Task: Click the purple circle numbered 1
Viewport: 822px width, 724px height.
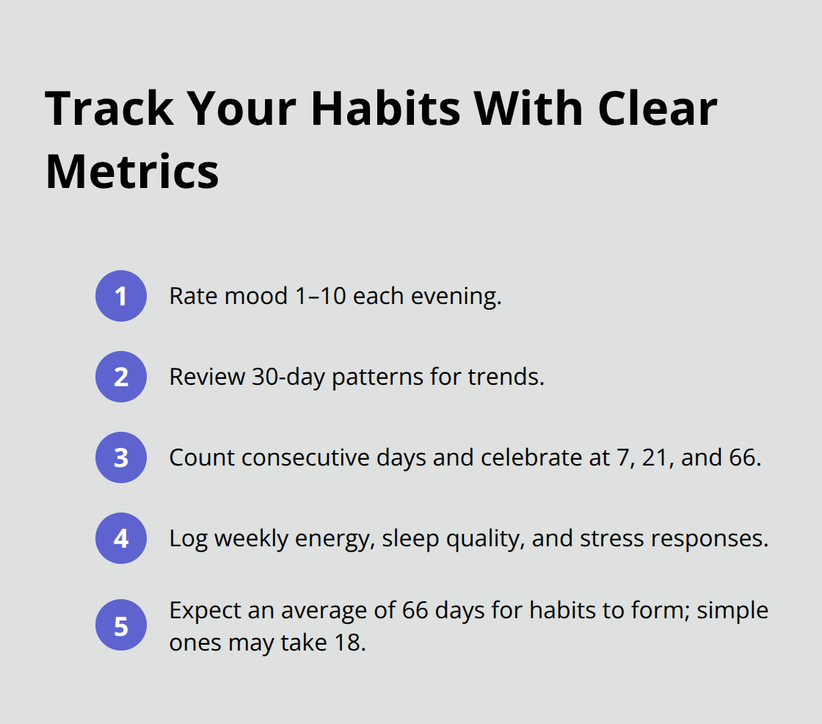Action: pyautogui.click(x=121, y=296)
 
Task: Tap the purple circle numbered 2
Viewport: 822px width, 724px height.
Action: pyautogui.click(x=121, y=377)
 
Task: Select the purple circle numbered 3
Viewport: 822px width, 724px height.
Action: pyautogui.click(x=121, y=457)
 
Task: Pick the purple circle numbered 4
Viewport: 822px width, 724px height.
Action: pyautogui.click(x=121, y=538)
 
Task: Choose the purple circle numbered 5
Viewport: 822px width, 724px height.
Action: pyautogui.click(x=121, y=626)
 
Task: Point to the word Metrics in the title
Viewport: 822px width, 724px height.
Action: pyautogui.click(x=132, y=172)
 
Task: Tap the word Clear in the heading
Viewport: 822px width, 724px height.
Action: pyautogui.click(x=658, y=109)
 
